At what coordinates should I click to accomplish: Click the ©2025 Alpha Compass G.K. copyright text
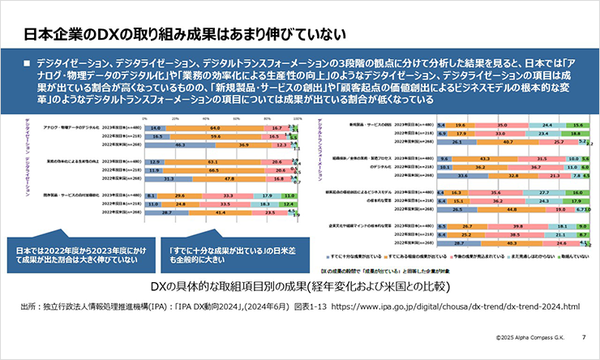point(526,334)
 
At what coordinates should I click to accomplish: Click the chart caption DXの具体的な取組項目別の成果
point(301,288)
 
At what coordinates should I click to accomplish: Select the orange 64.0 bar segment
point(215,128)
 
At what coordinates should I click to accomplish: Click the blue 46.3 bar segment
point(178,144)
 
